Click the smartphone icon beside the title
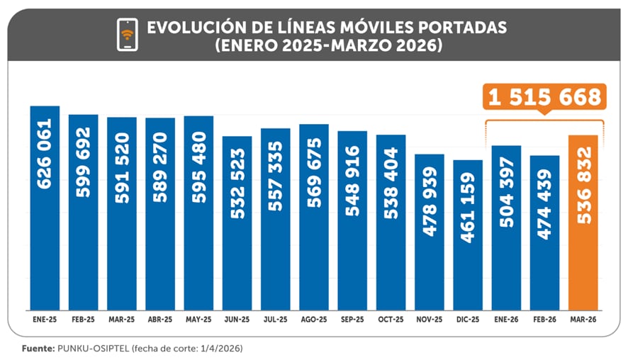click(x=128, y=35)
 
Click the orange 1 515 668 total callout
click(x=544, y=97)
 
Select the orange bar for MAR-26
click(x=583, y=221)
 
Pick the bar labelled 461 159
click(x=468, y=235)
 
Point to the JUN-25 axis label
click(x=237, y=320)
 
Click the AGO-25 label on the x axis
click(x=313, y=320)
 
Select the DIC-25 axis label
click(x=468, y=320)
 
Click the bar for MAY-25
click(x=198, y=213)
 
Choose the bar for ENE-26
click(x=506, y=227)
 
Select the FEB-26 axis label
click(x=544, y=320)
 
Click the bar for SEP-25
click(x=352, y=220)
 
